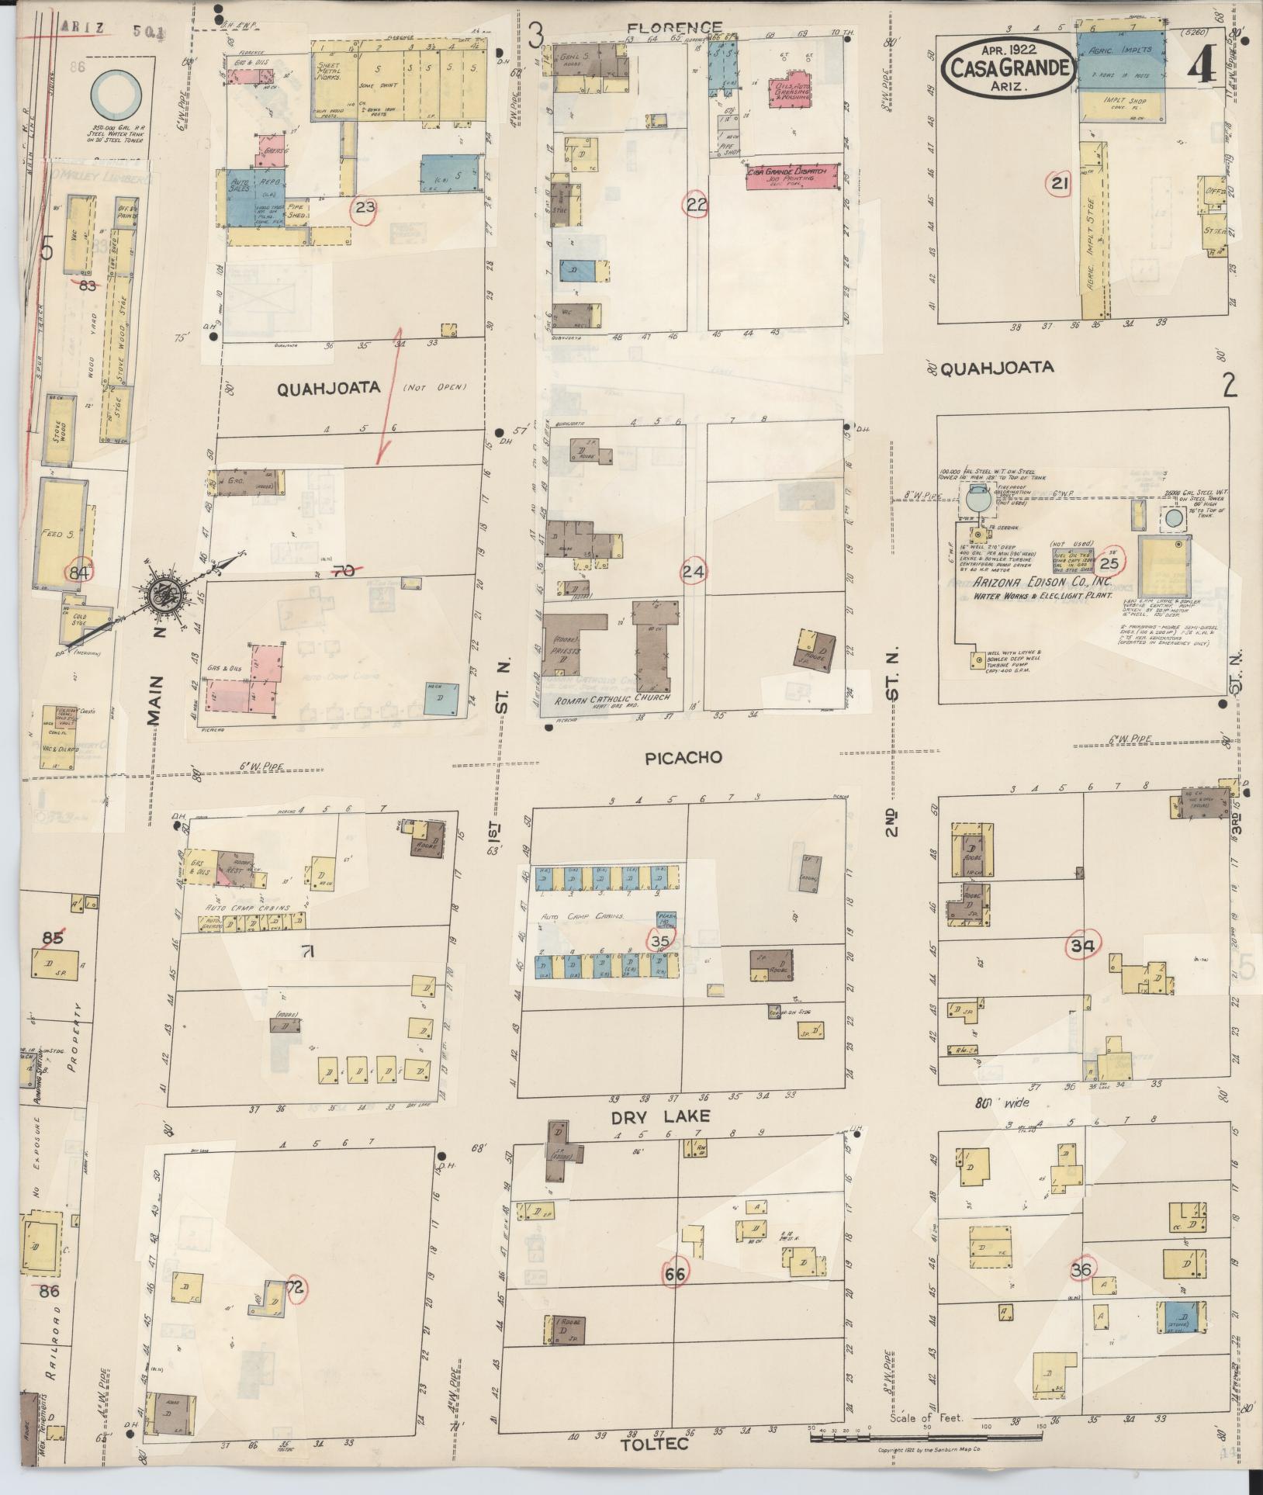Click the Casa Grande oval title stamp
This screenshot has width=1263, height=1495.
[1009, 68]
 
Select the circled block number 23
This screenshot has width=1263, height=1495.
[365, 208]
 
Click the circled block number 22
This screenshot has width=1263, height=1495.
[696, 205]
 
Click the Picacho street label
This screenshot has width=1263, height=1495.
[683, 758]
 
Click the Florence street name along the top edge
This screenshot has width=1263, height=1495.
[673, 28]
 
